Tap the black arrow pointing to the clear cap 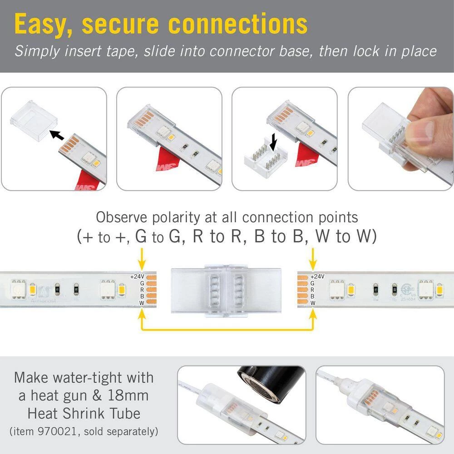(x=56, y=135)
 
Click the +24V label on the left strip (x=137, y=276)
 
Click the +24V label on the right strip (x=318, y=276)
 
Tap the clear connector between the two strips (x=225, y=289)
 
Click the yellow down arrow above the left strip (x=142, y=259)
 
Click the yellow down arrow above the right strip (x=312, y=259)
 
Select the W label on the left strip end (x=142, y=302)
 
